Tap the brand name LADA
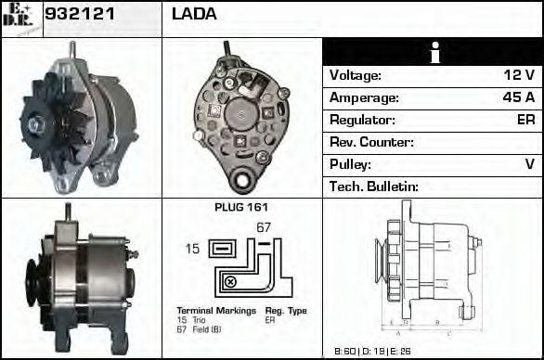pyautogui.click(x=194, y=15)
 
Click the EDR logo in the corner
pyautogui.click(x=19, y=18)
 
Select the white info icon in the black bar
pyautogui.click(x=433, y=54)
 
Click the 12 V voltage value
pyautogui.click(x=518, y=75)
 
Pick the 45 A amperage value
pyautogui.click(x=518, y=97)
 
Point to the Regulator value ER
pyautogui.click(x=525, y=120)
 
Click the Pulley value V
pyautogui.click(x=529, y=164)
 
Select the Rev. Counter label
pyautogui.click(x=371, y=142)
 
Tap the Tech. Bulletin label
pyautogui.click(x=374, y=186)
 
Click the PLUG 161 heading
pyautogui.click(x=241, y=207)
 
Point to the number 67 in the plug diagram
pyautogui.click(x=263, y=227)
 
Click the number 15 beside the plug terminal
pyautogui.click(x=191, y=248)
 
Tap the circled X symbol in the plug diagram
pyautogui.click(x=230, y=281)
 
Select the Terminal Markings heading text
pyautogui.click(x=208, y=311)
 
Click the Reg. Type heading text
pyautogui.click(x=285, y=311)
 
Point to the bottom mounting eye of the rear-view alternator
pyautogui.click(x=245, y=178)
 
